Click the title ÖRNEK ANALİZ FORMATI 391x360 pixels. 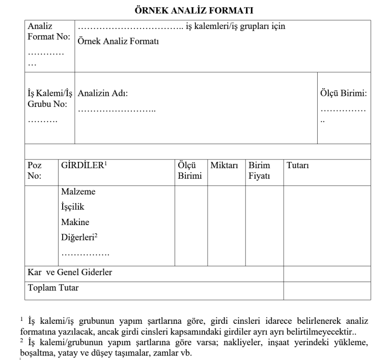click(195, 9)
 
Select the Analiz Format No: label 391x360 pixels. click(48, 32)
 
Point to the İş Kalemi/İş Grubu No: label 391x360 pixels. click(49, 99)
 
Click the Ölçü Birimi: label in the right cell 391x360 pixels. click(343, 94)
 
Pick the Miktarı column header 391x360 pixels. click(224, 166)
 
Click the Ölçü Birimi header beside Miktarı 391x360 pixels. click(189, 171)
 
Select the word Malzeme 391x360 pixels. click(78, 192)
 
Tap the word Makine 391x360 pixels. click(75, 222)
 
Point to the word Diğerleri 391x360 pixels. click(78, 237)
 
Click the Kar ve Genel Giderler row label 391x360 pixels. click(70, 272)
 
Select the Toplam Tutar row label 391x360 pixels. click(53, 288)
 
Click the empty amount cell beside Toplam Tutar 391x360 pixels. click(327, 289)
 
